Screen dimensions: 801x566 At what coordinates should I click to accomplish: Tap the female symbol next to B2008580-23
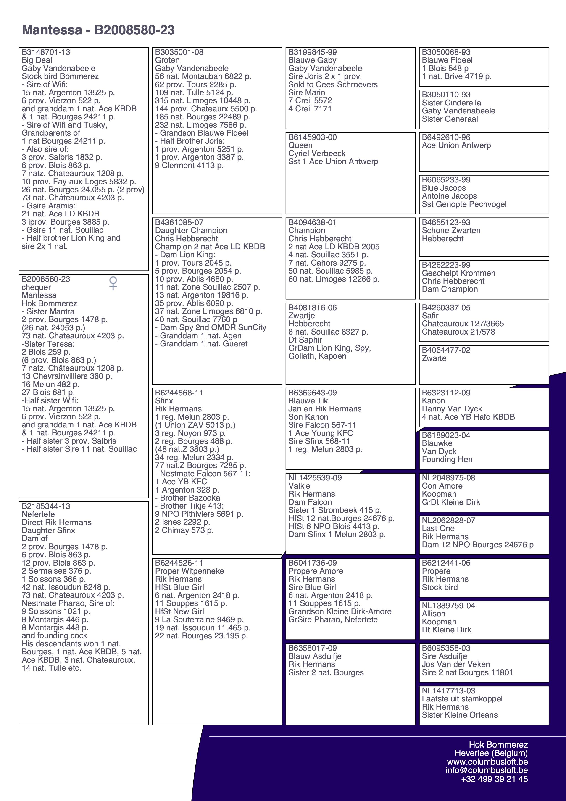pos(113,283)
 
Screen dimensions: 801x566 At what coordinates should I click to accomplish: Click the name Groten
pos(167,60)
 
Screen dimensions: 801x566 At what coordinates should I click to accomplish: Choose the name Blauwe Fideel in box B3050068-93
pos(447,60)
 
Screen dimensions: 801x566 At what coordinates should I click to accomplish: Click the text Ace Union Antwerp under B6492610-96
pos(456,145)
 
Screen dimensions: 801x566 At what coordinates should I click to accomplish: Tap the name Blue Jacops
pos(444,188)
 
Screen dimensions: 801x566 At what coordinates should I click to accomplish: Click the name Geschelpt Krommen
pos(458,273)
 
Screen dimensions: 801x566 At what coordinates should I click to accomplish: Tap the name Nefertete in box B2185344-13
pos(38,514)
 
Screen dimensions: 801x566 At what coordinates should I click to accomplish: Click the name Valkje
pos(299,486)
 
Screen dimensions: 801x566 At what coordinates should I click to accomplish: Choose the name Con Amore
pos(442,486)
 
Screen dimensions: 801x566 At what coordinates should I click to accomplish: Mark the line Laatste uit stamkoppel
pos(462,699)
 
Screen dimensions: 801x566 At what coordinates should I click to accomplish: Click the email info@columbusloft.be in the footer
pos(487,770)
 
